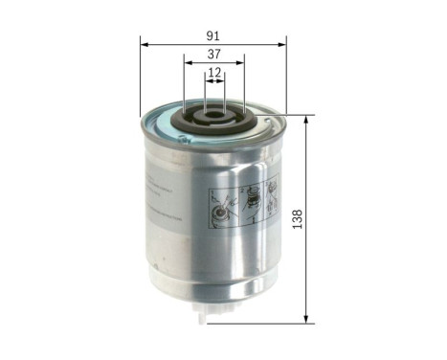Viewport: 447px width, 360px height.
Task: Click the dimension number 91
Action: [x=213, y=35]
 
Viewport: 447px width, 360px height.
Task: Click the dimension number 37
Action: [x=213, y=55]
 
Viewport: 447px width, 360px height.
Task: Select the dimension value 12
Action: [x=214, y=72]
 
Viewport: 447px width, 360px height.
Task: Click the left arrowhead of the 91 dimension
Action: [x=145, y=43]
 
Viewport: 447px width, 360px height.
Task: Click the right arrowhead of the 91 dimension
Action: [x=282, y=43]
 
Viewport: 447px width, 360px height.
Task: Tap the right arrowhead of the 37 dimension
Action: [x=241, y=63]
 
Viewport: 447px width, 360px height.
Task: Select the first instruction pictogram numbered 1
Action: [x=222, y=204]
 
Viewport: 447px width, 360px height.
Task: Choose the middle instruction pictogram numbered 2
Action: [x=251, y=199]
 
